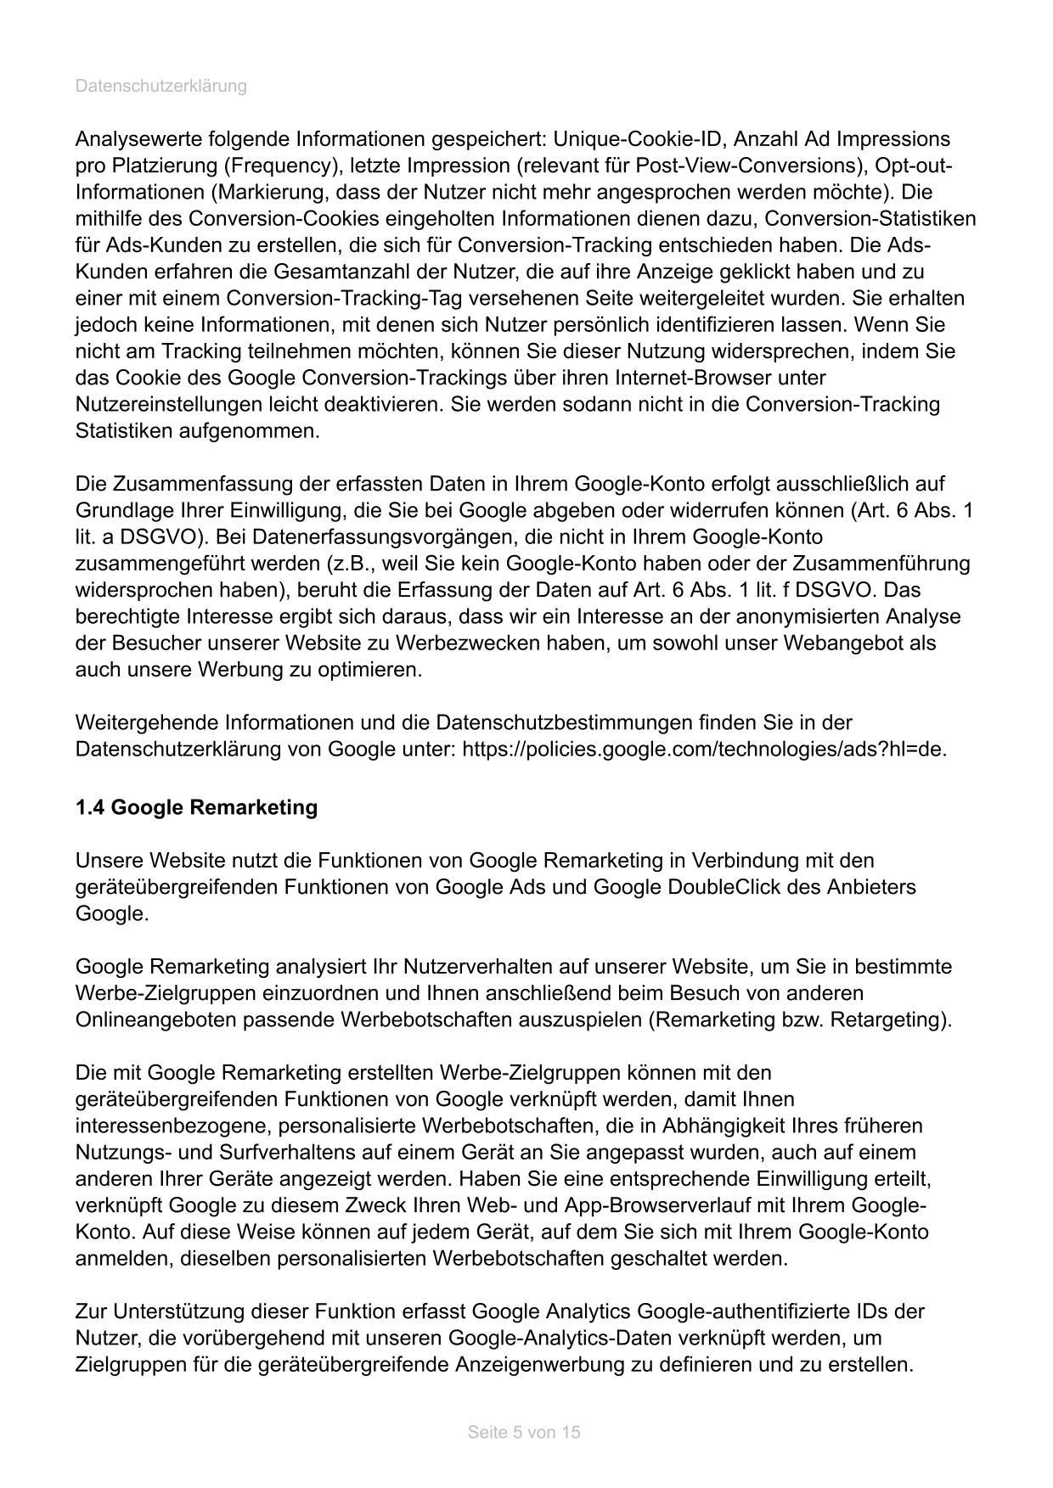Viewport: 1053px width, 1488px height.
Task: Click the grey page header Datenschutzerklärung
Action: point(161,86)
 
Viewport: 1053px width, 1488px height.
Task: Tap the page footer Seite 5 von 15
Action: point(524,1432)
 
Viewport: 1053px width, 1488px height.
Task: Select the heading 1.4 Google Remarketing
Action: point(196,807)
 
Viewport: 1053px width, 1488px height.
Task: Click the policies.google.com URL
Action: point(704,750)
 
